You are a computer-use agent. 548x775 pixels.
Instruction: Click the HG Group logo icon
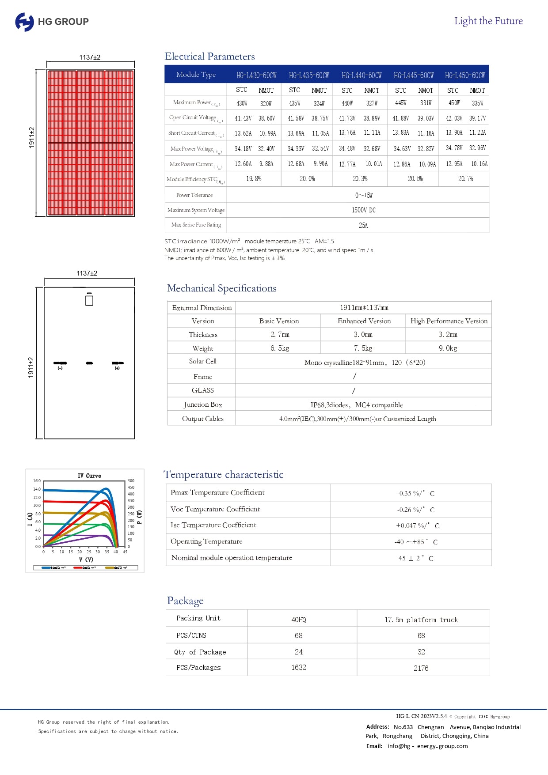tap(24, 22)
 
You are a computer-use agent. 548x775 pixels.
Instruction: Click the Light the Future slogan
tap(488, 21)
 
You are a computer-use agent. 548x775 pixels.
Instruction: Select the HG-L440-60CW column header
tap(362, 76)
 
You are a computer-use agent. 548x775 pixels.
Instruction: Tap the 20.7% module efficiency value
tap(465, 179)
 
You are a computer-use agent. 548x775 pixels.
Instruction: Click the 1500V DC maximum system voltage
tap(363, 210)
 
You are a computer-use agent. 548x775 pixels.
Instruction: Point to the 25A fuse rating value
tap(363, 226)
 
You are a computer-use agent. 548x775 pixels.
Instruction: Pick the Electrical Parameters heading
tap(209, 57)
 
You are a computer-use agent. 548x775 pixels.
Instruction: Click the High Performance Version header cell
tap(449, 321)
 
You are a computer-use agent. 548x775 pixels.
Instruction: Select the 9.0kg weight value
tap(448, 348)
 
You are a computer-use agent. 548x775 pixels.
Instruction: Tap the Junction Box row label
tap(203, 405)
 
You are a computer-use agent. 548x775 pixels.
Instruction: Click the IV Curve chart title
tap(89, 476)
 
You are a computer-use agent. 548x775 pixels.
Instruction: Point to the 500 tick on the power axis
tap(131, 481)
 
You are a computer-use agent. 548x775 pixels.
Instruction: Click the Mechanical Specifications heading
tap(221, 288)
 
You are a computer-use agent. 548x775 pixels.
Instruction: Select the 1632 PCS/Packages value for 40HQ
tap(299, 668)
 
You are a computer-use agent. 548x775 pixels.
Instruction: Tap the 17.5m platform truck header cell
tap(421, 620)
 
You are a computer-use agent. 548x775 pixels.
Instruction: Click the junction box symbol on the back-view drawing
tap(89, 300)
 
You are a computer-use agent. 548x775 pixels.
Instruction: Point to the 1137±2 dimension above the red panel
tap(90, 57)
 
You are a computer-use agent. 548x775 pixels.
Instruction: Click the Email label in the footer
tap(374, 746)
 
